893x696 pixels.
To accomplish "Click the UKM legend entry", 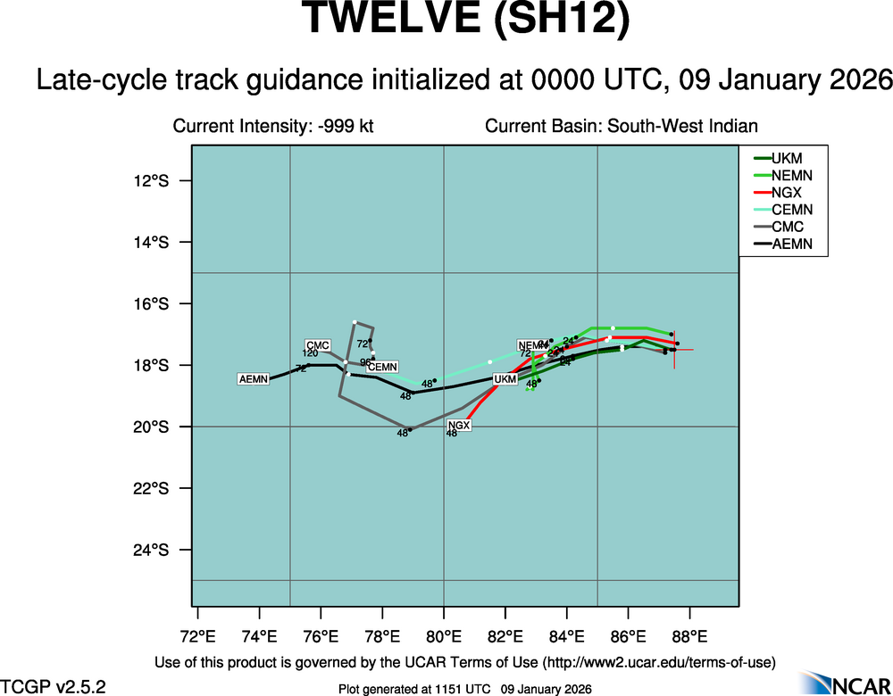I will [787, 158].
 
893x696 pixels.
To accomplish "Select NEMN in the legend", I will [791, 175].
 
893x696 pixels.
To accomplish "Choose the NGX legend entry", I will [786, 192].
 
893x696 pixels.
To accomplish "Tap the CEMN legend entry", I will [791, 210].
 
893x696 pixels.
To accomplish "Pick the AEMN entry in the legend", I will [791, 244].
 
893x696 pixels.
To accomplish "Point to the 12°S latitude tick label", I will [150, 181].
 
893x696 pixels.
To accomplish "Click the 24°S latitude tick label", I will [150, 550].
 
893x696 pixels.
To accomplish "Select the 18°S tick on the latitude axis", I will [150, 366].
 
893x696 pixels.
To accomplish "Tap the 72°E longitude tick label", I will [197, 636].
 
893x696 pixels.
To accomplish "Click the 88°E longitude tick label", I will [689, 636].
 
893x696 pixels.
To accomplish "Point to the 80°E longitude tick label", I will [444, 636].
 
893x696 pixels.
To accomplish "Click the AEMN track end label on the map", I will [254, 380].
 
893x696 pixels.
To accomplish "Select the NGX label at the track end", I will [458, 426].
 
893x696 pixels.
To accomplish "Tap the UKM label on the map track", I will [505, 379].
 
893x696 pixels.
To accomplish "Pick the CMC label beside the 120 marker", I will [318, 345].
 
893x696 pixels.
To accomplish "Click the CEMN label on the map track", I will [383, 367].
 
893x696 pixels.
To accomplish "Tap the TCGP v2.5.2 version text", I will [54, 686].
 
